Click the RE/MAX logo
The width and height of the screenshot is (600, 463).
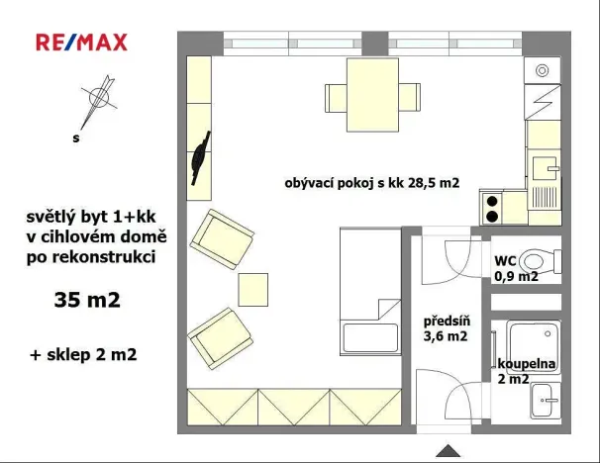pyautogui.click(x=81, y=42)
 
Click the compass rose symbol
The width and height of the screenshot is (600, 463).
pyautogui.click(x=98, y=97)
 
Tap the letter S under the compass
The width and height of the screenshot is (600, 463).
pyautogui.click(x=75, y=139)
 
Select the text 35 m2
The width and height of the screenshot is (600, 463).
pyautogui.click(x=87, y=300)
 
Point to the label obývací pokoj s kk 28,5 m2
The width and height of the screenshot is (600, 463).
pyautogui.click(x=372, y=182)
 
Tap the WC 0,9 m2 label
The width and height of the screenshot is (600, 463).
pyautogui.click(x=516, y=269)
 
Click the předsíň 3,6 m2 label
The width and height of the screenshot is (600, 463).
pyautogui.click(x=446, y=328)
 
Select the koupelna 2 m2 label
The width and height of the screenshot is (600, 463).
pyautogui.click(x=527, y=371)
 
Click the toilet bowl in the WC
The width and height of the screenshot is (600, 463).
pyautogui.click(x=539, y=261)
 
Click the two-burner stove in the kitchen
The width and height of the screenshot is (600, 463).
pyautogui.click(x=491, y=207)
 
